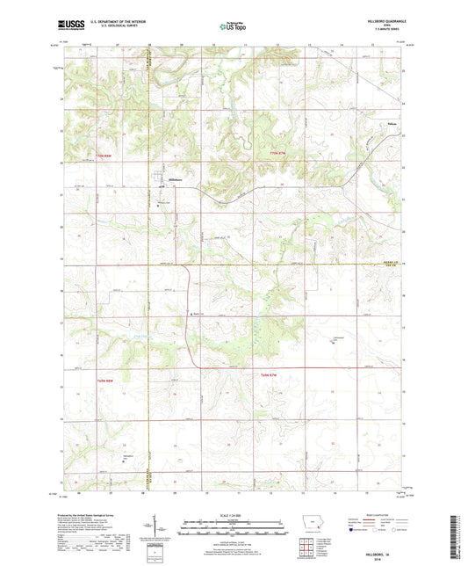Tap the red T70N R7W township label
tap(275, 153)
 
